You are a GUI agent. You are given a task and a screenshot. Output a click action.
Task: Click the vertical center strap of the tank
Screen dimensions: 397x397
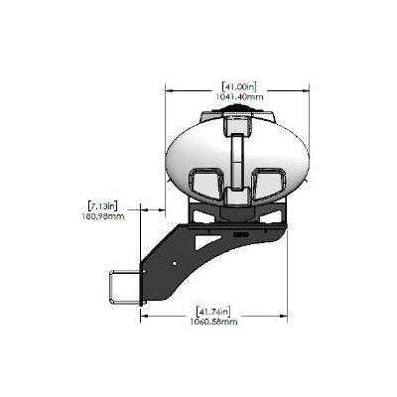237,159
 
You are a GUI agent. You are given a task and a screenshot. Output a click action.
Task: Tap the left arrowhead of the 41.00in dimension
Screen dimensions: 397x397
166,90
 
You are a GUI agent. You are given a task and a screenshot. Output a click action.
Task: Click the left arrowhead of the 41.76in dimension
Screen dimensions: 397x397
144,316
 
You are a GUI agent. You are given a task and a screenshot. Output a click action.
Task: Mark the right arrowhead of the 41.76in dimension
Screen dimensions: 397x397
286,316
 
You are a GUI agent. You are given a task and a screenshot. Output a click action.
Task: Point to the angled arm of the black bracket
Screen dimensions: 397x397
164,263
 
